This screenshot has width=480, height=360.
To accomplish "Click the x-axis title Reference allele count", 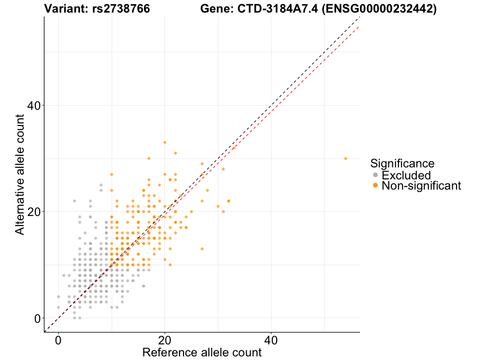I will coord(202,352).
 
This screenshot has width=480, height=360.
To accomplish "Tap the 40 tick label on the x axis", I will coord(271,339).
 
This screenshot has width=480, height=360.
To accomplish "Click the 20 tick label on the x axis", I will coord(164,339).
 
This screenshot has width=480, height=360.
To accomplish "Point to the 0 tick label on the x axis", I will coord(58,339).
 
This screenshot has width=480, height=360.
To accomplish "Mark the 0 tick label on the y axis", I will coord(37,318).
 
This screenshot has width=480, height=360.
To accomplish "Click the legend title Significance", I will coord(402,163).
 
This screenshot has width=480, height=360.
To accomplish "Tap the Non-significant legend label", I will coord(421,186).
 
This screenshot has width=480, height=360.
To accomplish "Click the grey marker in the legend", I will coord(376,175).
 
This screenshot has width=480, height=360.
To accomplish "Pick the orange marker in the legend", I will coord(376,186).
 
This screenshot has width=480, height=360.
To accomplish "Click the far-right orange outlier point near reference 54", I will coord(346,158).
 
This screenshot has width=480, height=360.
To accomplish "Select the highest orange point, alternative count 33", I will coord(164,143).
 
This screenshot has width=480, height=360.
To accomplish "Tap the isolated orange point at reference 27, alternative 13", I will coord(202,249).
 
